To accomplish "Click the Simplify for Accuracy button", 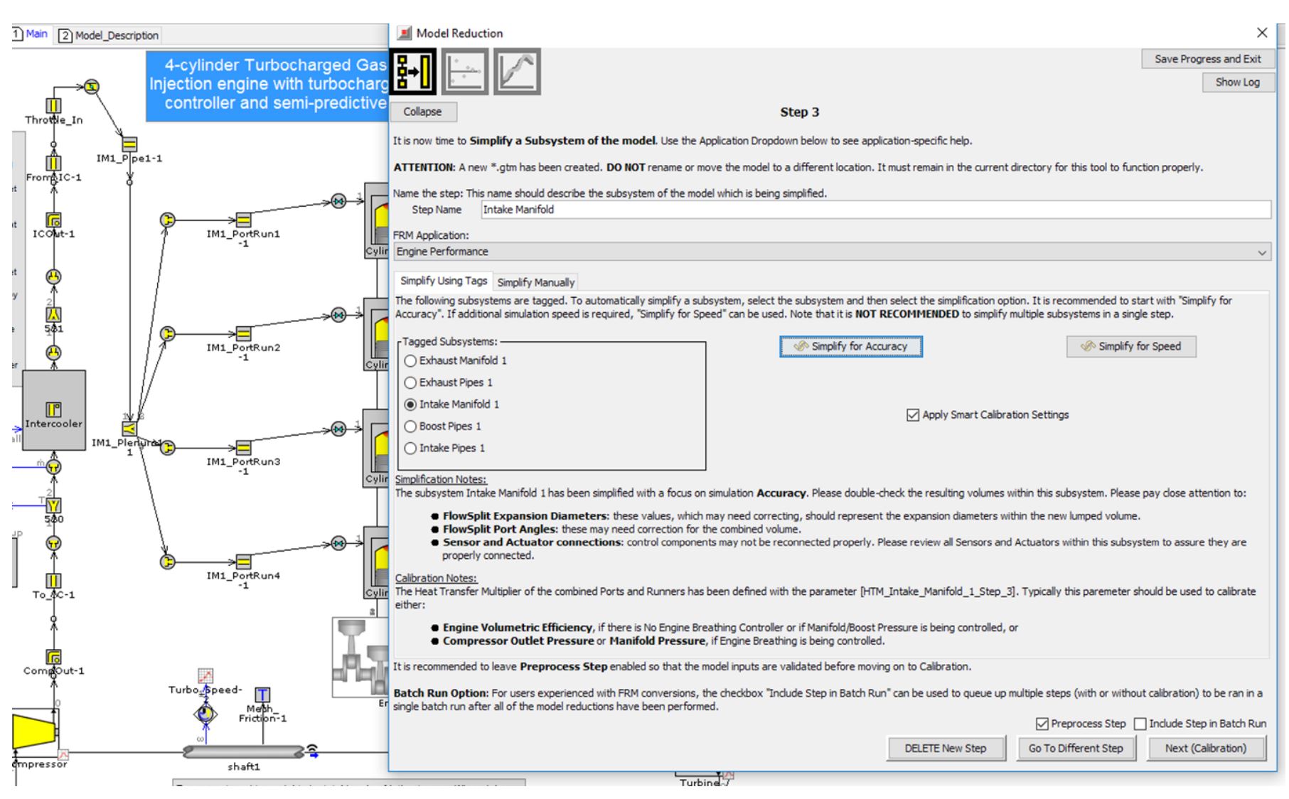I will pos(850,346).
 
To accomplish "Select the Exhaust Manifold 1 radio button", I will pos(410,360).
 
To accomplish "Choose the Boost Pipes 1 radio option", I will pos(410,426).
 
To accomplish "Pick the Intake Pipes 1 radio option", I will pos(410,448).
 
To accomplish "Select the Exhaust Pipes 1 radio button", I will pos(410,382).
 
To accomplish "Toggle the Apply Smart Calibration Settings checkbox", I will pos(913,415).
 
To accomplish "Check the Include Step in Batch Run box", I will pos(1140,724).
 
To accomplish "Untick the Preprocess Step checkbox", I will pos(1042,724).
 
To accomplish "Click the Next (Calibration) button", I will pos(1206,748).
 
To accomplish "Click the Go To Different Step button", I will pos(1075,748).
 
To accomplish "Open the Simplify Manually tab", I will pos(535,282).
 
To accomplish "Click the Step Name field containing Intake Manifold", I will pos(875,209).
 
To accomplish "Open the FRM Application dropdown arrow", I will pos(1261,252).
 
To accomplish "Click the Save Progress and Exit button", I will pos(1207,59).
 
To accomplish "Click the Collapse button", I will pos(422,112).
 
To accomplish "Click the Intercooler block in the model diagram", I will pos(54,410).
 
